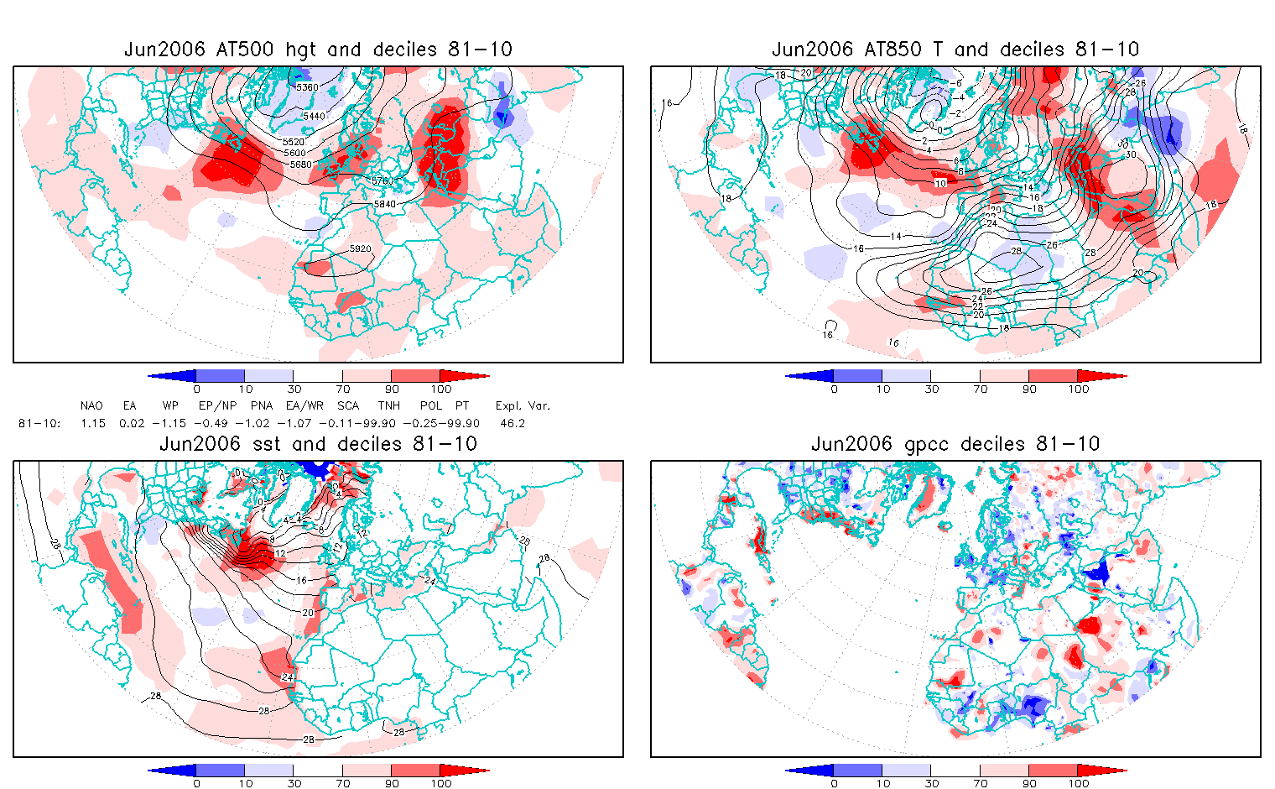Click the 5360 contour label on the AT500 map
[308, 87]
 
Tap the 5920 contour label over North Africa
[360, 249]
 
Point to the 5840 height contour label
[385, 204]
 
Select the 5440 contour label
[314, 117]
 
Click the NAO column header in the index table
[91, 405]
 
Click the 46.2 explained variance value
[512, 423]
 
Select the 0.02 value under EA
[130, 423]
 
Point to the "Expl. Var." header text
[523, 405]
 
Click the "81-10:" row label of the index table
[39, 423]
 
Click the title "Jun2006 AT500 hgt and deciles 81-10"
[318, 50]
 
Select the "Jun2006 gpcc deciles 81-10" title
[955, 444]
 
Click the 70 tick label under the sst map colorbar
[342, 783]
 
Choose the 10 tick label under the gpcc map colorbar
[882, 783]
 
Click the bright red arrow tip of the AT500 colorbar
[478, 376]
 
